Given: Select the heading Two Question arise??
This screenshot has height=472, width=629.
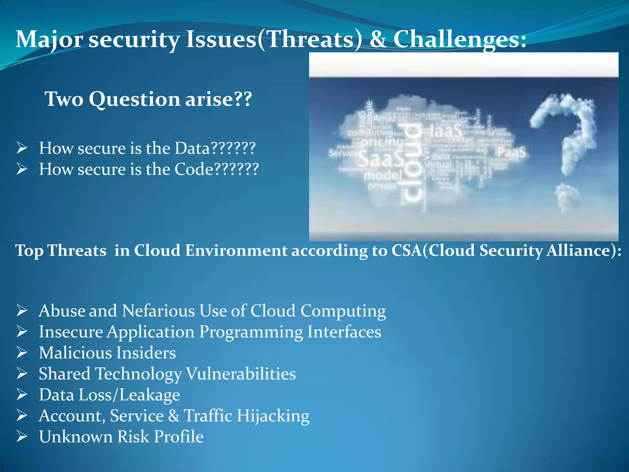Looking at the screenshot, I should (148, 99).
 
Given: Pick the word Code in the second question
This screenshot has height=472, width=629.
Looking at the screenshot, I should (193, 169).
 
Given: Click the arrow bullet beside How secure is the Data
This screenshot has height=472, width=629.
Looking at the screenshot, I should (22, 148).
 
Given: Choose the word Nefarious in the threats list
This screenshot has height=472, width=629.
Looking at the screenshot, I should (158, 311).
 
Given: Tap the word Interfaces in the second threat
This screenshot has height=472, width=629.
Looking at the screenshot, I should (344, 332).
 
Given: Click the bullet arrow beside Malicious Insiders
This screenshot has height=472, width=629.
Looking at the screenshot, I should (22, 353).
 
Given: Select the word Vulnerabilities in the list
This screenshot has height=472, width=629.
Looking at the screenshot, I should (241, 374).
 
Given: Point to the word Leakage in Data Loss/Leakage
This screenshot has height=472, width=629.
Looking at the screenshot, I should (150, 395).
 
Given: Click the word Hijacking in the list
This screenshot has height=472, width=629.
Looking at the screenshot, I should (273, 416).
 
